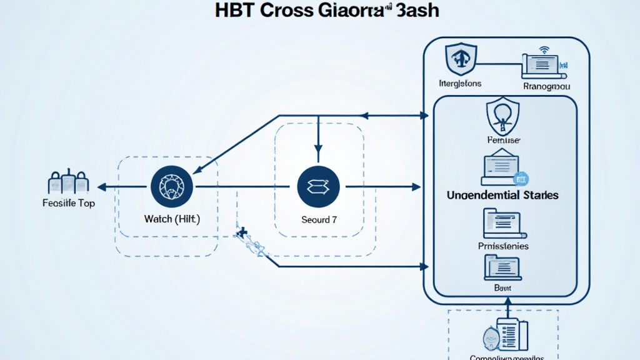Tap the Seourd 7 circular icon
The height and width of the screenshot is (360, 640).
click(x=319, y=186)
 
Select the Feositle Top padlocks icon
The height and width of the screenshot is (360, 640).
click(x=67, y=182)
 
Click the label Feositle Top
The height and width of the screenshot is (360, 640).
click(x=68, y=203)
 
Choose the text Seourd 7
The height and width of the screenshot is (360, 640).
click(x=319, y=220)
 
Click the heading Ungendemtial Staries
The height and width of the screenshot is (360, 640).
click(x=502, y=195)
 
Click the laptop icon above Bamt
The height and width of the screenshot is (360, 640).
click(x=502, y=267)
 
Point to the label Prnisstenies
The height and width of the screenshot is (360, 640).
click(x=502, y=246)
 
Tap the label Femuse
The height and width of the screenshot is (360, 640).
click(x=503, y=141)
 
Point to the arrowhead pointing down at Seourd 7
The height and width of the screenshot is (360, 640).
click(x=318, y=149)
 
